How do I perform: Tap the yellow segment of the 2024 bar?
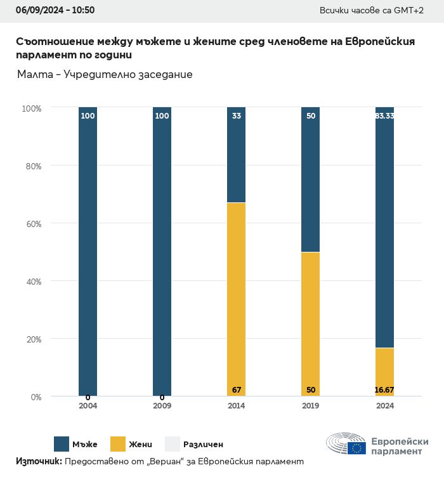[x=384, y=372]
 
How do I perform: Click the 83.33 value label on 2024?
[x=384, y=116]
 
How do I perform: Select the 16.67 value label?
[x=384, y=389]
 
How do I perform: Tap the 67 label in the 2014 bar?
[x=237, y=389]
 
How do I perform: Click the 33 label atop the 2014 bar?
[x=237, y=116]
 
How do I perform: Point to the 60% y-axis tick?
[x=32, y=224]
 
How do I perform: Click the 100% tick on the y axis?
[x=30, y=108]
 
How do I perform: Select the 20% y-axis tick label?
[x=32, y=339]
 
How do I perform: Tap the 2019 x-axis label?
[x=310, y=406]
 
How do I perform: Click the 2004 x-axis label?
[x=88, y=406]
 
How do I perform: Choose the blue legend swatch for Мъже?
[x=62, y=444]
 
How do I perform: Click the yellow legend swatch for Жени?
[x=118, y=444]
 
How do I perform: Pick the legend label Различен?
[x=203, y=445]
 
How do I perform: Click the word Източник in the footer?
[x=38, y=462]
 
